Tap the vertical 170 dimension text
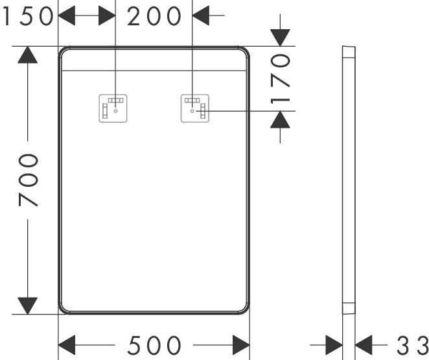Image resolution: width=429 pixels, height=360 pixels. tap(279, 79)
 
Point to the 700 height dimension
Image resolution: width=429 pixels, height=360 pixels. tap(27, 180)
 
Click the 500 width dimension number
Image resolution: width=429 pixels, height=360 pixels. tap(154, 345)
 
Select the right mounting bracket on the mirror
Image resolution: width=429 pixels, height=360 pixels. tap(194, 108)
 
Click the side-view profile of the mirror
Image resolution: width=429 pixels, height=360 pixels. tap(348, 180)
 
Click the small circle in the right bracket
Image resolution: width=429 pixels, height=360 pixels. tap(192, 112)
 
